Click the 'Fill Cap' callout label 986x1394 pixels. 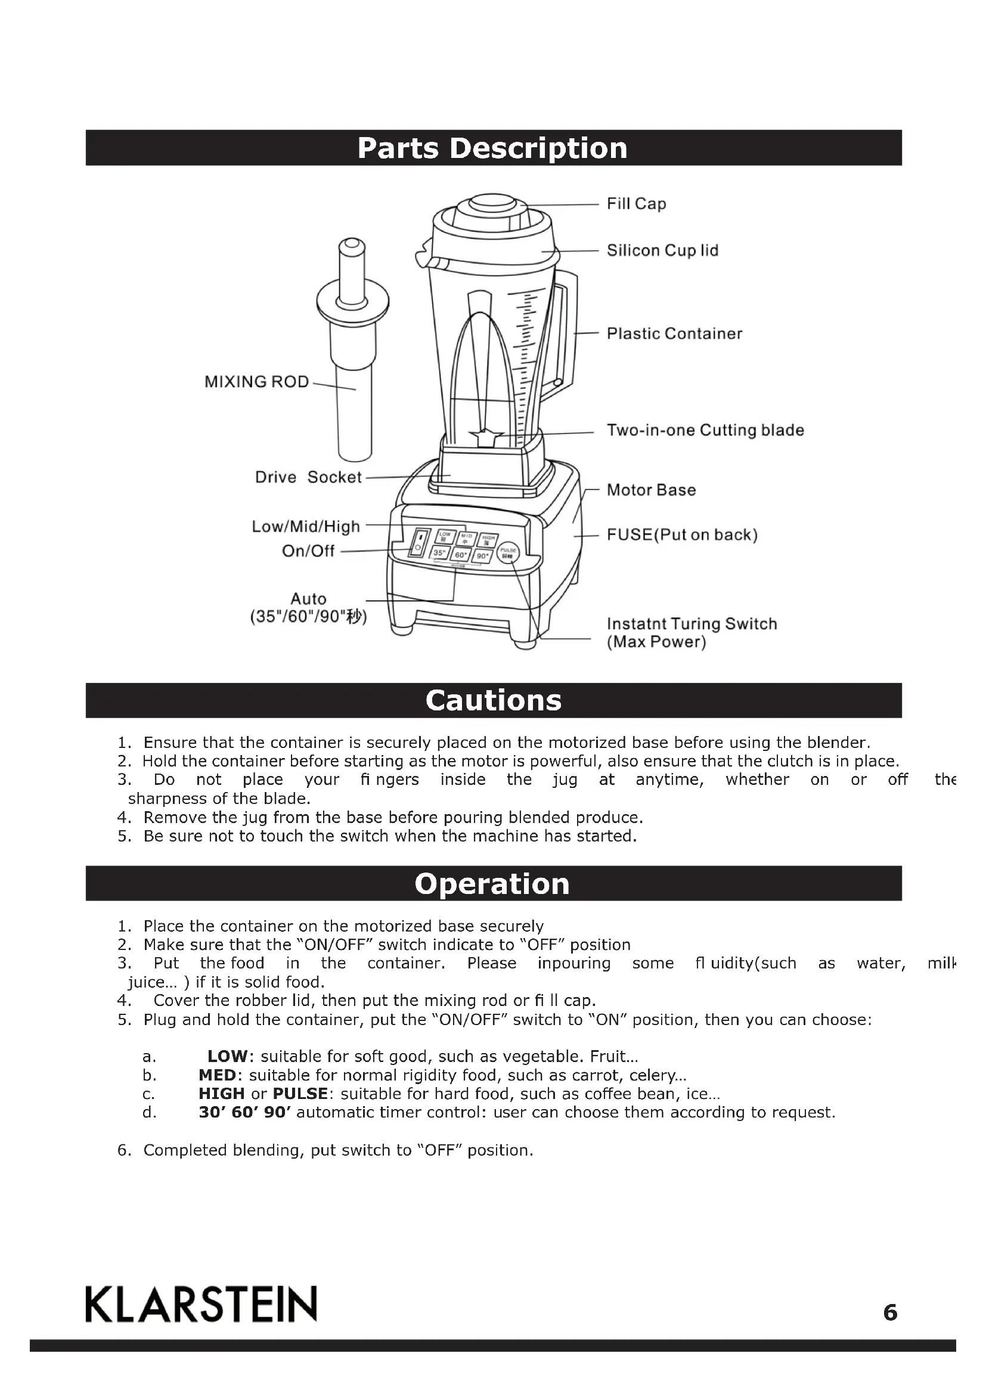pos(636,203)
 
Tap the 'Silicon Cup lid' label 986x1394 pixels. pos(662,250)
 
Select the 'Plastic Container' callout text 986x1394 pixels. pos(674,333)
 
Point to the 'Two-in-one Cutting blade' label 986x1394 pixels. pos(705,430)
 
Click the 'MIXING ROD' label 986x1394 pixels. pos(256,381)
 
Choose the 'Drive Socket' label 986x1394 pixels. pos(308,477)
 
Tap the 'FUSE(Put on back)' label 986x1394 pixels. pos(682,535)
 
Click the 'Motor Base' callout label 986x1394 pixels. pos(651,490)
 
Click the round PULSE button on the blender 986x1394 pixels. pos(508,552)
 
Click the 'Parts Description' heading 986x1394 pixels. pos(492,148)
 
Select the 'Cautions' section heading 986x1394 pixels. pos(493,700)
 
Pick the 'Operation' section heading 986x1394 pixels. pos(492,884)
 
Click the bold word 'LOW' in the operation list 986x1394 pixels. pos(227,1057)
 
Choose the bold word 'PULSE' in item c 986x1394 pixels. pos(299,1094)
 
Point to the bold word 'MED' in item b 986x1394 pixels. pos(217,1075)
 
